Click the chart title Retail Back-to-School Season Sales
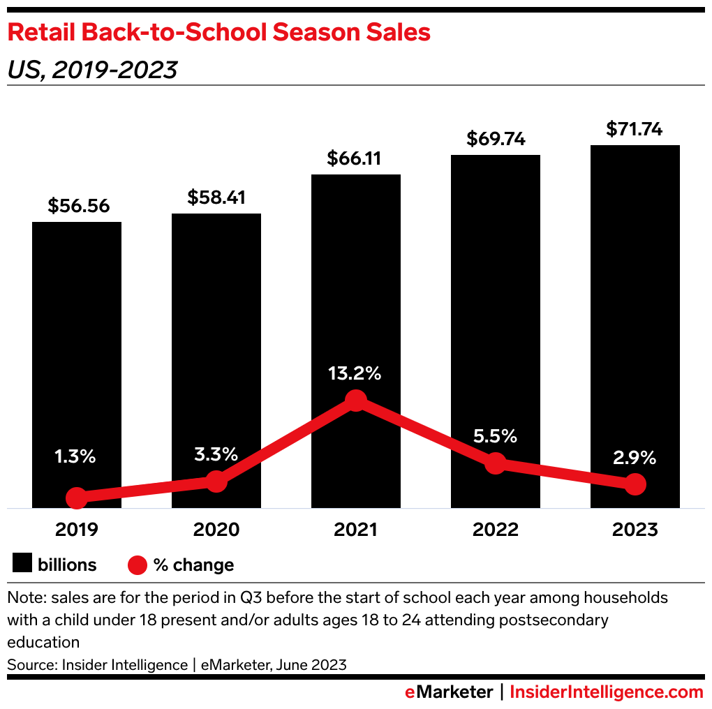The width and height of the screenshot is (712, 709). [x=218, y=33]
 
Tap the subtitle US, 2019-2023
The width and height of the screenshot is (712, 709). [x=92, y=70]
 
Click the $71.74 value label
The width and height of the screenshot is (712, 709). [x=635, y=129]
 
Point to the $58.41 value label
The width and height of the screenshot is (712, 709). [x=216, y=197]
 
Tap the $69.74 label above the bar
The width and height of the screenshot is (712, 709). [x=496, y=139]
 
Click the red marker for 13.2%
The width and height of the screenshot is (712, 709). [x=356, y=401]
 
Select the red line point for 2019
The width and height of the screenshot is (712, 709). [x=77, y=498]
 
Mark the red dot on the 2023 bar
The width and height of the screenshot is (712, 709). [x=635, y=484]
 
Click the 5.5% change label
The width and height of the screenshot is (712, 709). [x=495, y=437]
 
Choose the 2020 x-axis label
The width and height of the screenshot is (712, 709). [x=216, y=530]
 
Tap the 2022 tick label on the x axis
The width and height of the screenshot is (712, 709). [x=496, y=530]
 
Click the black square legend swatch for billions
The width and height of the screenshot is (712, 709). [x=23, y=565]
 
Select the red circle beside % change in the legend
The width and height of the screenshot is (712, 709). [x=138, y=565]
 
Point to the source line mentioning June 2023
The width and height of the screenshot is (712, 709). [x=177, y=664]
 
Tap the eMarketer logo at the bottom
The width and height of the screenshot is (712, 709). [x=449, y=692]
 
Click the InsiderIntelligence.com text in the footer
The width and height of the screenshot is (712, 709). [x=607, y=692]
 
